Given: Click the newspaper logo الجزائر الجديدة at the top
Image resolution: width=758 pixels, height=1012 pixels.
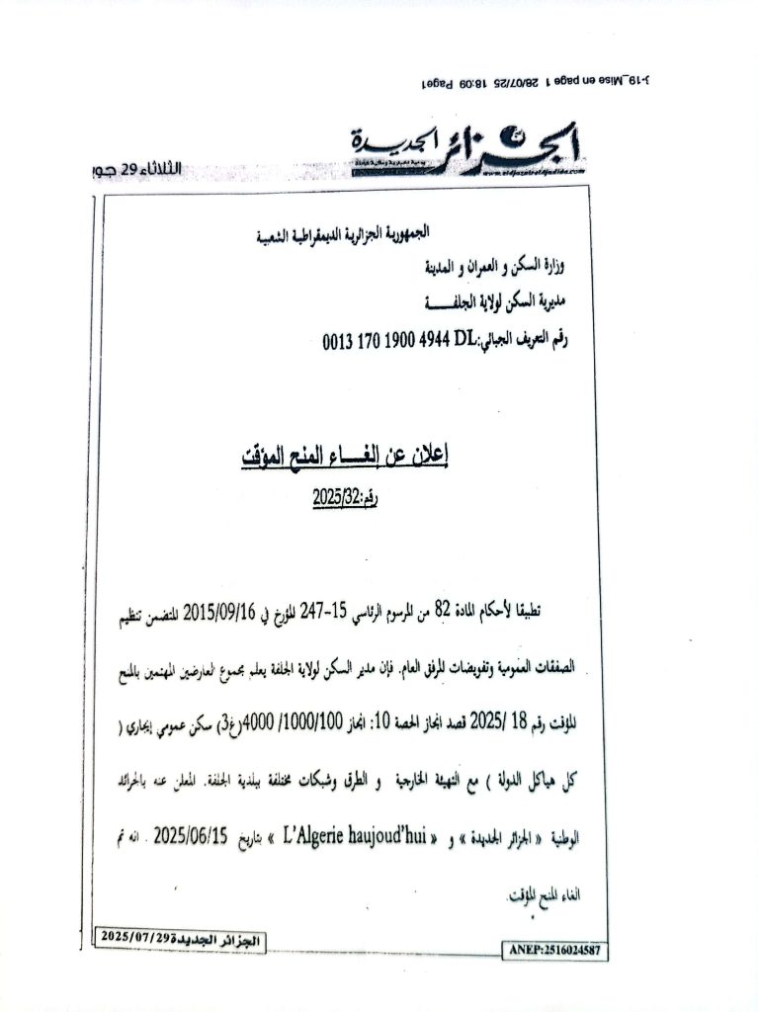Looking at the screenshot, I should [469, 151].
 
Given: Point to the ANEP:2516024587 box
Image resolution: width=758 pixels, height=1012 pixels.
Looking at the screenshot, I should [555, 951].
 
